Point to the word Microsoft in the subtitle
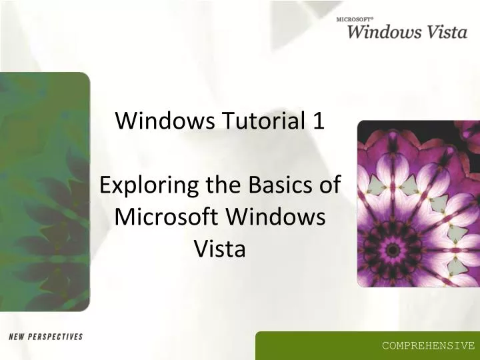[167, 217]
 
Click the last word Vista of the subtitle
[219, 249]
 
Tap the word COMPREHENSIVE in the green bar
[428, 345]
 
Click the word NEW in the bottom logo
[17, 337]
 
